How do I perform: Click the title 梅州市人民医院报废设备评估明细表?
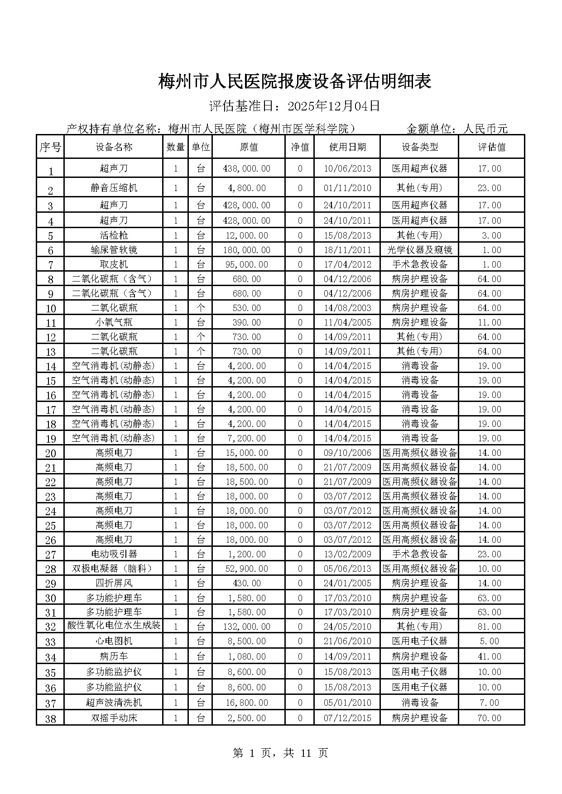[294, 82]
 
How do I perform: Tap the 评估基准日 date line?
[294, 106]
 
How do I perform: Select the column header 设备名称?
[114, 147]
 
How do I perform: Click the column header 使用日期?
[347, 147]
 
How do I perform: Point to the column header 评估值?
[492, 147]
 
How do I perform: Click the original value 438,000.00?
[247, 168]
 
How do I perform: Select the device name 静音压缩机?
[114, 188]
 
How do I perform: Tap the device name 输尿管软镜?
[114, 250]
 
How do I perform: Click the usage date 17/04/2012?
[347, 264]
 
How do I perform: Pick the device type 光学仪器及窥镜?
[420, 250]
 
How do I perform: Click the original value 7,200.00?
[247, 438]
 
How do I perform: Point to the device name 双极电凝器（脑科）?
[114, 569]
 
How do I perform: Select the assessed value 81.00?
[490, 627]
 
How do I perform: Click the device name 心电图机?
[114, 641]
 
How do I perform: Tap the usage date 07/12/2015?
[347, 718]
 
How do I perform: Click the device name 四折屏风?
[114, 583]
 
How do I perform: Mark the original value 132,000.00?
[247, 627]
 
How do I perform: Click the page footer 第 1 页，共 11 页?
[280, 753]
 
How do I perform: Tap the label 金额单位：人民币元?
[457, 129]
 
